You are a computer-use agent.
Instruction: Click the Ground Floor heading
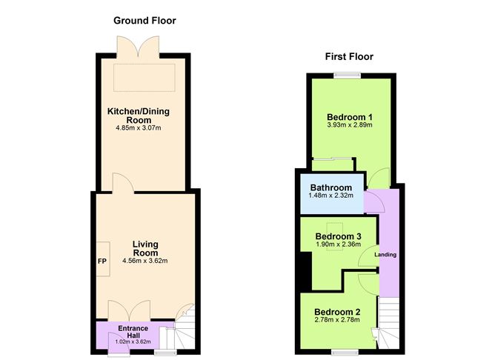coord(144,20)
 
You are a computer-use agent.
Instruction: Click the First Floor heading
coord(348,56)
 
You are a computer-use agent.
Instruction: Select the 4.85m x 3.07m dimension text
coord(139,128)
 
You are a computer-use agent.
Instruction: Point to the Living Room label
coord(145,248)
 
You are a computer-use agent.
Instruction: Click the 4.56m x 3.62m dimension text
coord(145,261)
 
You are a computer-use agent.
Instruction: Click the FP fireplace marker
coord(102,261)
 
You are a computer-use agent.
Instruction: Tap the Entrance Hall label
coord(134,332)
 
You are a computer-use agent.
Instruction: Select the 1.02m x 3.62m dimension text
coord(134,342)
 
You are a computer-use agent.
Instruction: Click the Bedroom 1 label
coord(349,117)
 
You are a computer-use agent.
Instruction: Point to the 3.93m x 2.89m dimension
coord(349,126)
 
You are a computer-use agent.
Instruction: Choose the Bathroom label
coord(331,187)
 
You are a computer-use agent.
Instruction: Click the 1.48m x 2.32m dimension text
coord(331,196)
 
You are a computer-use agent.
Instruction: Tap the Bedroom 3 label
coord(338,236)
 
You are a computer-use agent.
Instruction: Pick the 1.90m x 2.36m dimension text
coord(338,244)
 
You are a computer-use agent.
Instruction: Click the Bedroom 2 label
coord(337,311)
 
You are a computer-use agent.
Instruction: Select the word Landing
coord(385,256)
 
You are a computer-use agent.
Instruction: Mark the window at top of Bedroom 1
coord(347,73)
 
